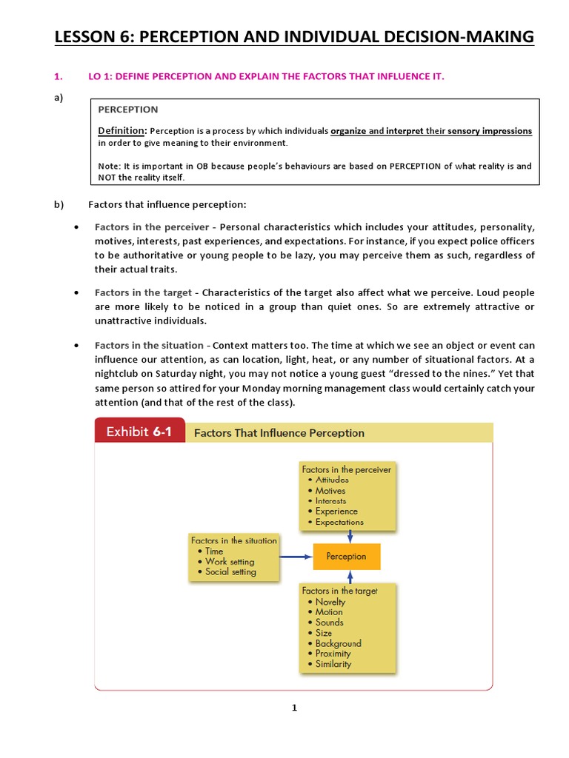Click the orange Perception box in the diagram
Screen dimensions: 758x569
click(x=347, y=556)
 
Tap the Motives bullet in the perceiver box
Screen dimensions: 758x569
click(x=330, y=490)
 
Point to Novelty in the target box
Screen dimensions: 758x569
click(x=330, y=602)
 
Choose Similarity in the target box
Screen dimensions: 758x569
click(x=333, y=664)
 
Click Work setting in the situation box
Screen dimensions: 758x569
click(x=230, y=561)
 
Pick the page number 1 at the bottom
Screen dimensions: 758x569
click(x=294, y=708)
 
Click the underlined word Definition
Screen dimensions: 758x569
click(x=122, y=131)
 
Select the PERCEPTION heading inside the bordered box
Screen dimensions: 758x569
click(x=127, y=110)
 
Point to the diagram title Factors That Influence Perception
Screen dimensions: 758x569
click(x=279, y=433)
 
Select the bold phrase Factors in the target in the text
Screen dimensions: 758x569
click(x=144, y=293)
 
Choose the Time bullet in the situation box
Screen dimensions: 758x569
click(x=213, y=551)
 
